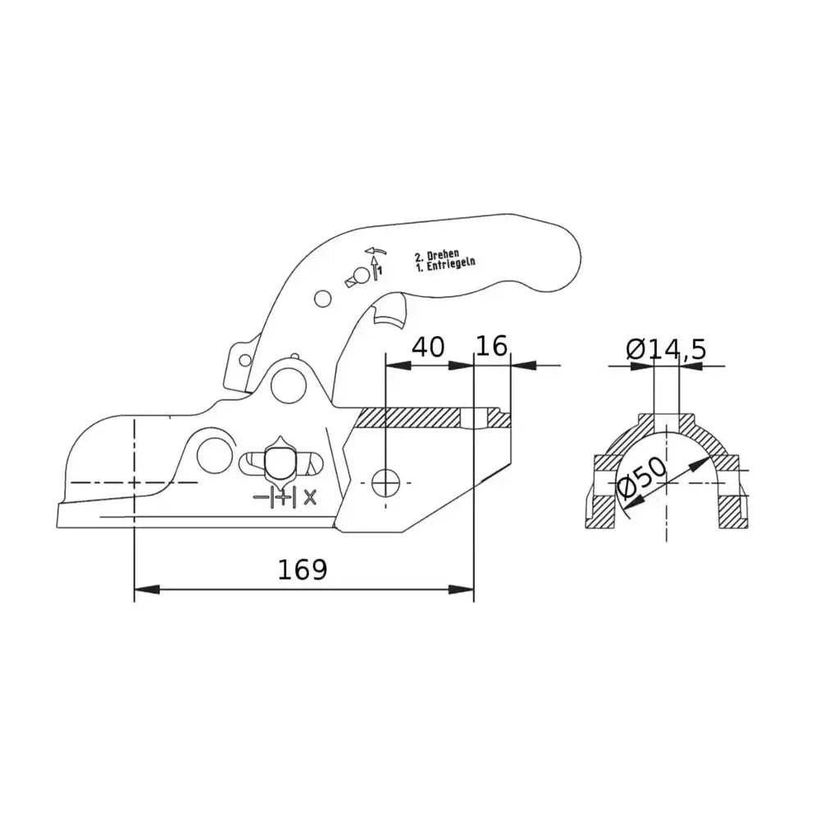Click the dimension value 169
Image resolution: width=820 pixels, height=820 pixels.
coord(302,569)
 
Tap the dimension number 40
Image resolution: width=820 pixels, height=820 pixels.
coord(428,347)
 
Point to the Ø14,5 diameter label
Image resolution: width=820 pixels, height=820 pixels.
coord(666,350)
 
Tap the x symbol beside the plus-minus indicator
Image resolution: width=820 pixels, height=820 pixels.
coord(310,496)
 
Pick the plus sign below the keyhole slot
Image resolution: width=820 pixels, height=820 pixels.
coord(284,497)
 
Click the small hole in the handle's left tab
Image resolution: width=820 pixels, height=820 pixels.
coord(244,358)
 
